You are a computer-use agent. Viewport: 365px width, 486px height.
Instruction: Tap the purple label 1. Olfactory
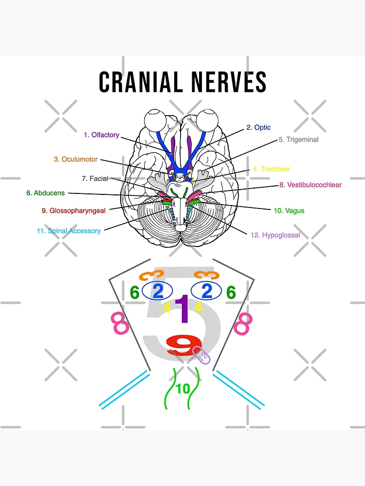click(x=101, y=135)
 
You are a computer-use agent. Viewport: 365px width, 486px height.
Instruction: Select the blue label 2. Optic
click(x=258, y=127)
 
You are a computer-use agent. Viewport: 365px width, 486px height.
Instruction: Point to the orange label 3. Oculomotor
click(x=76, y=159)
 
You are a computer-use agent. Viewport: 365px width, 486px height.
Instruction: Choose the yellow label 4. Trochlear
click(x=271, y=169)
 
